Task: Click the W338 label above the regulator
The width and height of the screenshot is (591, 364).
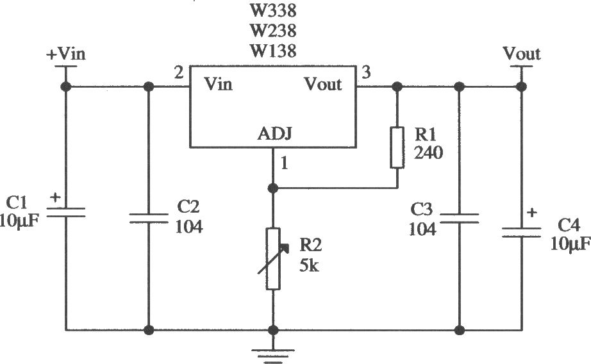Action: coord(273,10)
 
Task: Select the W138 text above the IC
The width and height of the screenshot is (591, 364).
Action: coord(273,51)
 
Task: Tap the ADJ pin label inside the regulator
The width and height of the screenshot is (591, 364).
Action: coord(275,134)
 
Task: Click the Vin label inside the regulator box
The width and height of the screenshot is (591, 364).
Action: coord(218,84)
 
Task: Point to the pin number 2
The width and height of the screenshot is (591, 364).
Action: coord(179,72)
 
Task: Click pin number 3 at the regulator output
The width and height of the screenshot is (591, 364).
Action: coord(366,72)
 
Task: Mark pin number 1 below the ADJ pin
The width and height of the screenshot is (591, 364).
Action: coord(285,163)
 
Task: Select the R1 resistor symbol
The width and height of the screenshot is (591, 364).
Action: coord(397,147)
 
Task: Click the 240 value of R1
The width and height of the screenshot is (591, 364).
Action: coord(428,153)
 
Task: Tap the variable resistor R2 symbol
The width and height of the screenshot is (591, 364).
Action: coord(273,258)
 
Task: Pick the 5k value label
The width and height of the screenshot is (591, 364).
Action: coord(309,266)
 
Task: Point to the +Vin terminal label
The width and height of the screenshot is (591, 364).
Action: coord(66,54)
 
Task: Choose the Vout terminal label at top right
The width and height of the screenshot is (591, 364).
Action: coord(522,54)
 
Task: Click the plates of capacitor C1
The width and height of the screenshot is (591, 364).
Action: coord(65,213)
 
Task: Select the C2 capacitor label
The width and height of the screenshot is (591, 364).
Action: coord(188,207)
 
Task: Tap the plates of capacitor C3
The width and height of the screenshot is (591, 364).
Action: coord(459,218)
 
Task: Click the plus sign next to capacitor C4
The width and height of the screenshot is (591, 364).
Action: coord(532,213)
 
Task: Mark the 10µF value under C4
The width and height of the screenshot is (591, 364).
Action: coord(570,245)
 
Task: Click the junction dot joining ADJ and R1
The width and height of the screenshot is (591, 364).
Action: coord(273,188)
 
